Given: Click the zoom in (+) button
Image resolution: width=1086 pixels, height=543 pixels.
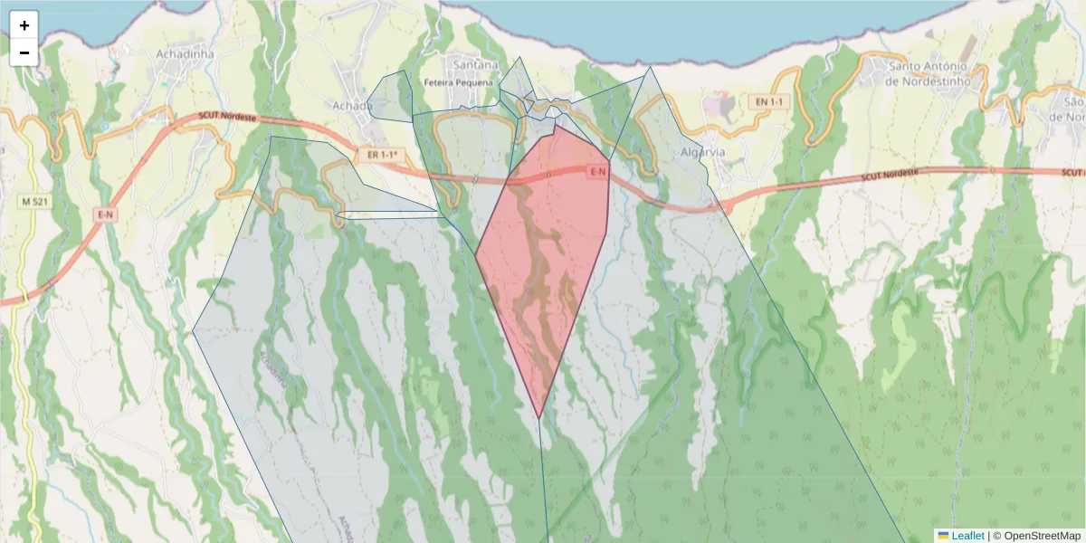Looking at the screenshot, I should [24, 25].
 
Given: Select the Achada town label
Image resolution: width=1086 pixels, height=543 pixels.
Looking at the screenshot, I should [352, 106].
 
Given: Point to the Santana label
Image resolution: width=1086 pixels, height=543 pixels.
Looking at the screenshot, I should [475, 65].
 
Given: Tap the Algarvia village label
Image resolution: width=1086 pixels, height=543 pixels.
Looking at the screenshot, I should [703, 152].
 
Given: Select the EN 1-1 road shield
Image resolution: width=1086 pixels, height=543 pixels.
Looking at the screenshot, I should [767, 102].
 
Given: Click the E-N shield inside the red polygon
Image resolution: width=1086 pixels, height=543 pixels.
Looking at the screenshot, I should [598, 172].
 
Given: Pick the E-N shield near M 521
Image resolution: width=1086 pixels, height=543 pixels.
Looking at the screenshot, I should [105, 214].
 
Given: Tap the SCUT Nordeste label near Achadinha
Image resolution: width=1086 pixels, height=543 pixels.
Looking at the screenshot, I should [227, 118].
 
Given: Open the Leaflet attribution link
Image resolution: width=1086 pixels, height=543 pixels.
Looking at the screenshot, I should [967, 536].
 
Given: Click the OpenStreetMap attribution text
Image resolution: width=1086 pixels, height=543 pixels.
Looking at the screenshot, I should [1036, 536].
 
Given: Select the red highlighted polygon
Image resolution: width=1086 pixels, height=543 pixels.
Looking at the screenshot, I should [543, 271].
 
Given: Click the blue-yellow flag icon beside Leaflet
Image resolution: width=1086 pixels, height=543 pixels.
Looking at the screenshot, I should [943, 536].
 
